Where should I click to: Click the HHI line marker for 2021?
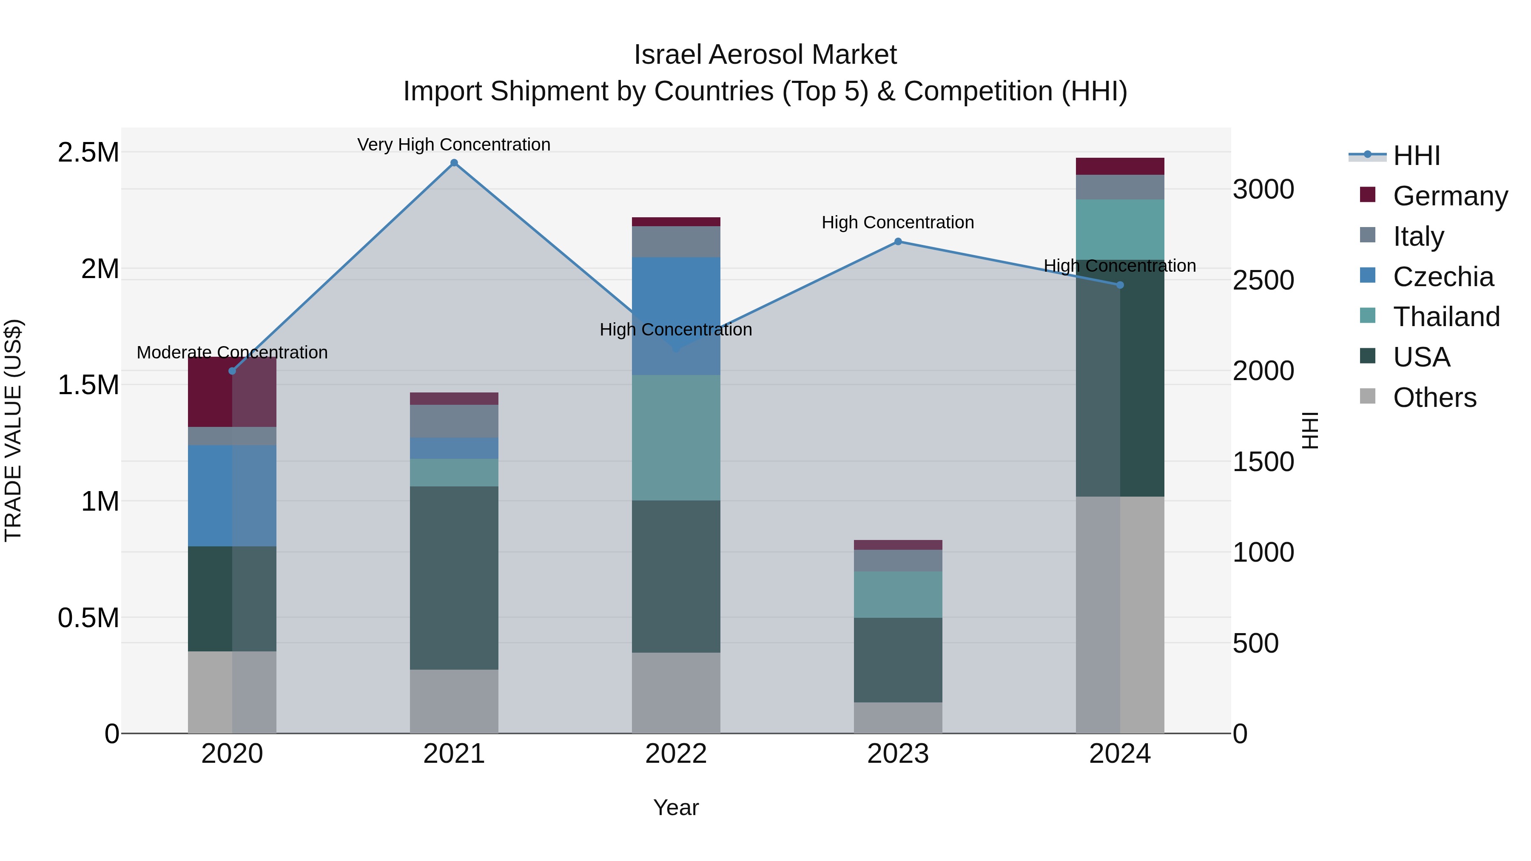coord(454,163)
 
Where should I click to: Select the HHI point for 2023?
coord(898,241)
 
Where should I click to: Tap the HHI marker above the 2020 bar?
coord(232,371)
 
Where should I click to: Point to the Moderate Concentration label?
coord(232,352)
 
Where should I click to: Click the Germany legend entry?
coord(1450,196)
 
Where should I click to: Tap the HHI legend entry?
coord(1416,156)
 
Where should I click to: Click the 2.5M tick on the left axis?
coord(88,153)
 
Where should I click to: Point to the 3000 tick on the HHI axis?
coord(1263,190)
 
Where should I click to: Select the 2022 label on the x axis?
coord(676,754)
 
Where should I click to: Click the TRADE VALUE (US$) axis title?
coord(13,430)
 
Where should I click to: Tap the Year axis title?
coord(676,807)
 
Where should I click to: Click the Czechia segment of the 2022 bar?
coord(676,315)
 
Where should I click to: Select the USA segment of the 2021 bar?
coord(454,577)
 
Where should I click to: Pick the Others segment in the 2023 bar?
coord(898,717)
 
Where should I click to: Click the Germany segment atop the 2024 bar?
coord(1120,166)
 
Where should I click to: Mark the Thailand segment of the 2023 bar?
coord(898,594)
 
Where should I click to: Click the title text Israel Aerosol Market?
coord(765,55)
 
